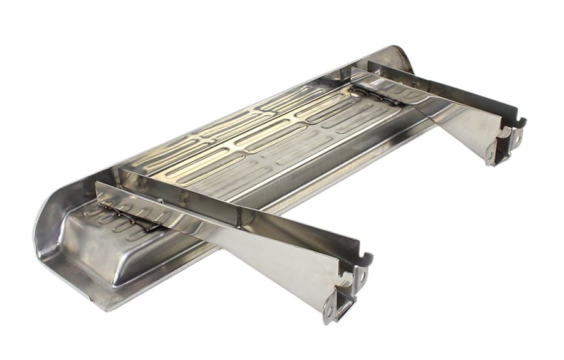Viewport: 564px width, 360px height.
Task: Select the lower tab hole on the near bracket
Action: [328, 310]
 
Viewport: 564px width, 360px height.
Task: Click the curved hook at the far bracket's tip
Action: [520, 121]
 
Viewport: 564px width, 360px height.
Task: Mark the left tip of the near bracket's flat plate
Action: [99, 186]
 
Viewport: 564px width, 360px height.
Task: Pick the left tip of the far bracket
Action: [355, 70]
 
